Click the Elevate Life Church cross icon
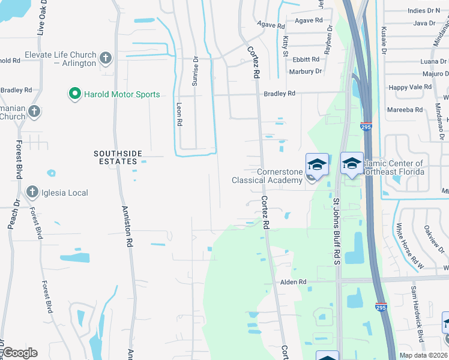click(x=106, y=58)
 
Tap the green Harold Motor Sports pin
click(x=74, y=94)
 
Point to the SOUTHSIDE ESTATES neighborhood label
click(x=116, y=157)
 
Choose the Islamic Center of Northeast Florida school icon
click(x=352, y=163)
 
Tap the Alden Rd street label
click(x=294, y=281)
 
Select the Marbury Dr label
click(x=305, y=71)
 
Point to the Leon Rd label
click(x=179, y=113)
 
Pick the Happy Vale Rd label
click(x=410, y=87)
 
